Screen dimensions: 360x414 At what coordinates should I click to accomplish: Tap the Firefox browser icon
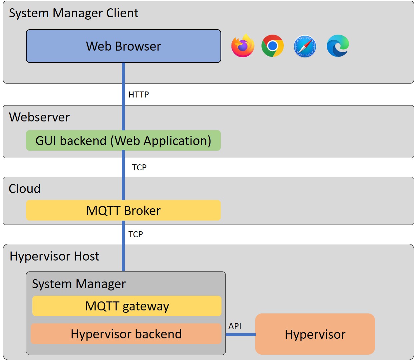(x=243, y=46)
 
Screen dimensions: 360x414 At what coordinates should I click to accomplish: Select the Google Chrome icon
(x=272, y=46)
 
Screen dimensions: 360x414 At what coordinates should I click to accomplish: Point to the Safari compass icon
(x=304, y=46)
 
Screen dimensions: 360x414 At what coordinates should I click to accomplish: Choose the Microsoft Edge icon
(x=337, y=46)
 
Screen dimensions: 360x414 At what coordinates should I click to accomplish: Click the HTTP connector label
(x=139, y=95)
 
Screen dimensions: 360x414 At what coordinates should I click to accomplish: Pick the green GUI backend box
(x=123, y=140)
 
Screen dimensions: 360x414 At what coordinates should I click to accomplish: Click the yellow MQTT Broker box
(x=123, y=210)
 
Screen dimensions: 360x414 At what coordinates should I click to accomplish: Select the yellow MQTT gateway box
(x=127, y=306)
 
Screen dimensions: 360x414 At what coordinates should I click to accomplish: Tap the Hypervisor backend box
(x=126, y=334)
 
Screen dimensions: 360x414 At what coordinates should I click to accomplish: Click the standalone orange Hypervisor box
(x=315, y=334)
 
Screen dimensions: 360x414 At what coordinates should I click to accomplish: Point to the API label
(x=235, y=326)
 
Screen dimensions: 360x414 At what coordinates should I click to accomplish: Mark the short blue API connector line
(x=240, y=334)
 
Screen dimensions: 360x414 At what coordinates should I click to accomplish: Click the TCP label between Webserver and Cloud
(x=139, y=167)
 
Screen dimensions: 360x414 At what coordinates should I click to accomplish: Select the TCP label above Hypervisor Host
(x=136, y=234)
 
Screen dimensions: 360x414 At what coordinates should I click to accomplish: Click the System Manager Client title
(x=74, y=13)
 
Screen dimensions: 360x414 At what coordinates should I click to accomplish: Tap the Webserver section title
(x=39, y=117)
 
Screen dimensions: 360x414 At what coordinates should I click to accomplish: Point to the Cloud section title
(x=25, y=189)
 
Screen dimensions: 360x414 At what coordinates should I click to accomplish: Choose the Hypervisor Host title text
(x=55, y=256)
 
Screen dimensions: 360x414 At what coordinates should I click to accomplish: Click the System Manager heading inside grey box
(x=79, y=284)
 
